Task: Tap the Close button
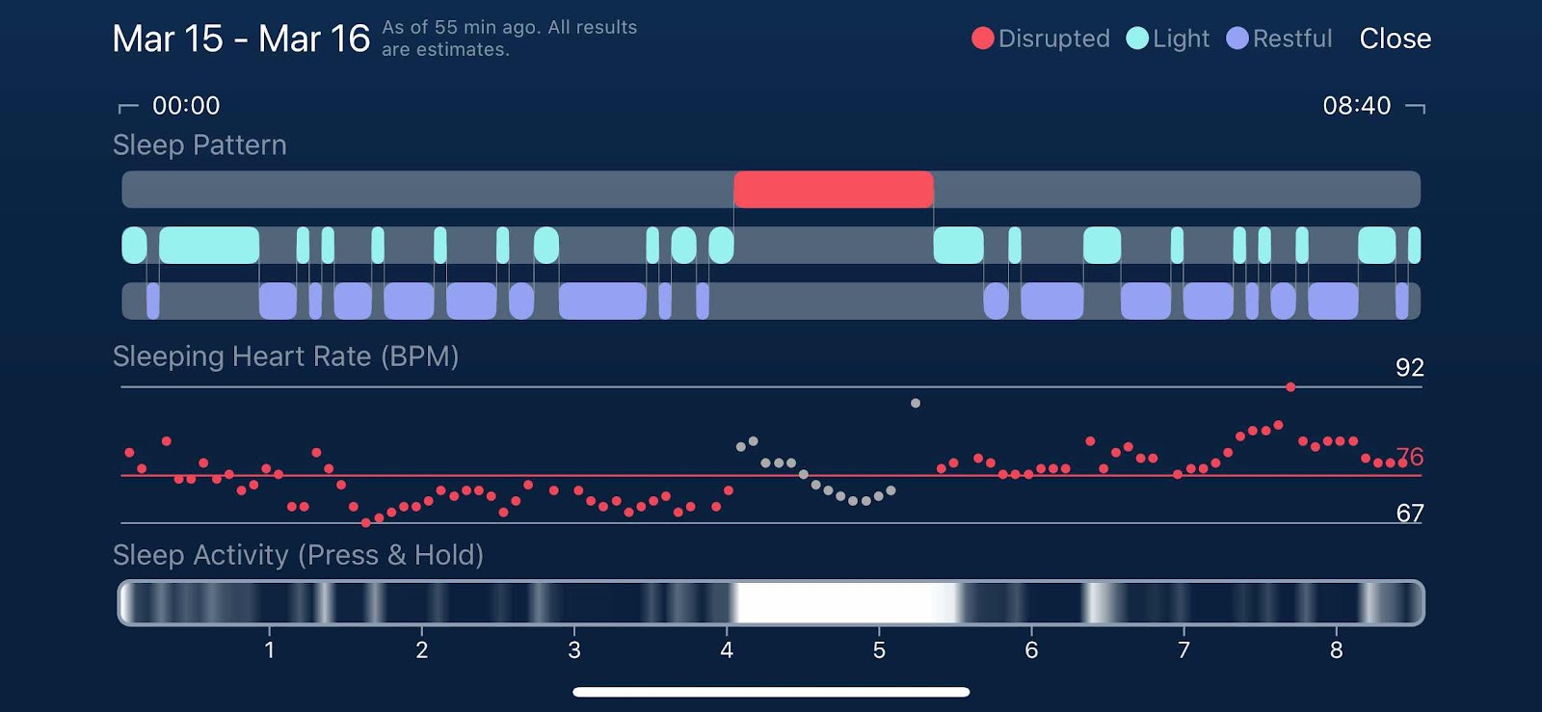pos(1395,39)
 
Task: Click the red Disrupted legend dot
pos(982,39)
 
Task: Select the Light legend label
pos(1181,39)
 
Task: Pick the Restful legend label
pos(1292,39)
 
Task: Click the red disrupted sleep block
pos(834,189)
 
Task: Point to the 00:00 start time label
pos(186,105)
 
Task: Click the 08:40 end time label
pos(1356,105)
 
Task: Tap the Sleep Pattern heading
pos(199,145)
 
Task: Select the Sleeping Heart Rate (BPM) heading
pos(285,357)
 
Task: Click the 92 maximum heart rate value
pos(1409,367)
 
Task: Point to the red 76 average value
pos(1409,456)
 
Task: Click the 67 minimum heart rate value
pos(1409,514)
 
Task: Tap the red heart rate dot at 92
pos(1290,387)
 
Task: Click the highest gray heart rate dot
pos(916,403)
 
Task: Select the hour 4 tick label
pos(727,650)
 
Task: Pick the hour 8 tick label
pos(1336,650)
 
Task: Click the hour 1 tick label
pos(270,650)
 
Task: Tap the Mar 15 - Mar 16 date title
pos(241,39)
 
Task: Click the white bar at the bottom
pos(771,692)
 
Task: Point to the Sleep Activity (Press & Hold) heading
pos(298,555)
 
